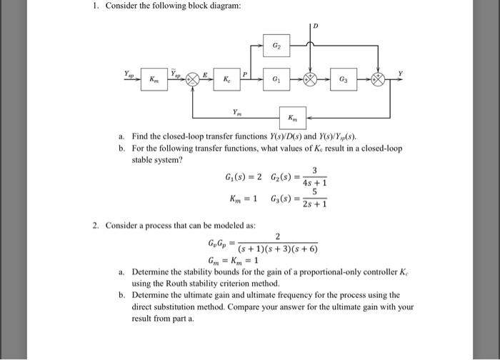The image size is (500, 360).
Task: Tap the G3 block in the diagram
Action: tap(345, 79)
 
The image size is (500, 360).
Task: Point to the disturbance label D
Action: tap(314, 26)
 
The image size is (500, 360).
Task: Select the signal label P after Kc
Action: tap(245, 72)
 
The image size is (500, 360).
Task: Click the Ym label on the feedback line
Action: tap(236, 111)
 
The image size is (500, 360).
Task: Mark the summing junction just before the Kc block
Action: tap(192, 80)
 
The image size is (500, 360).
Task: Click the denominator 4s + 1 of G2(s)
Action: tap(314, 183)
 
